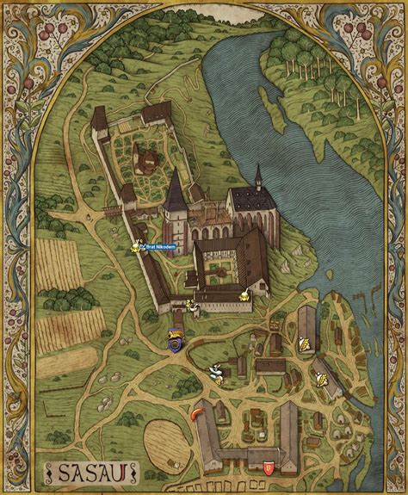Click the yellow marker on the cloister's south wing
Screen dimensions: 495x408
[x=244, y=297]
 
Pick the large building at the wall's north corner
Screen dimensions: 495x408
[x=158, y=113]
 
